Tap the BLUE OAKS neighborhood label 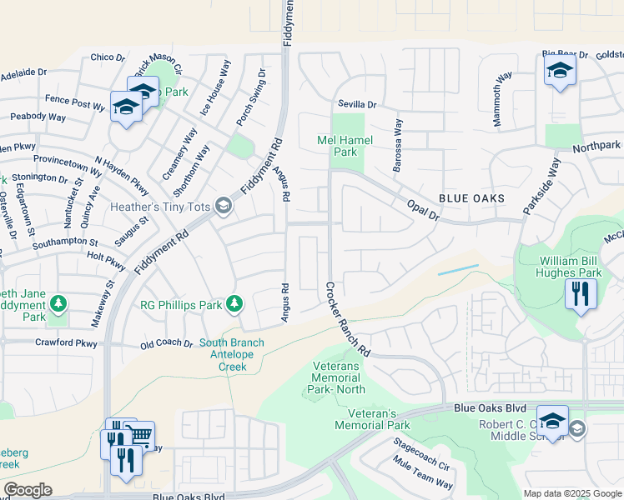(x=471, y=198)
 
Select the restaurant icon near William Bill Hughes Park (x=581, y=293)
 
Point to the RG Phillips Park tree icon (x=234, y=304)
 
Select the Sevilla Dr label (x=357, y=105)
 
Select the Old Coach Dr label (x=167, y=343)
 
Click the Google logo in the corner (x=28, y=490)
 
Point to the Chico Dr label (x=107, y=57)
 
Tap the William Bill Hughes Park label (x=570, y=267)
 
